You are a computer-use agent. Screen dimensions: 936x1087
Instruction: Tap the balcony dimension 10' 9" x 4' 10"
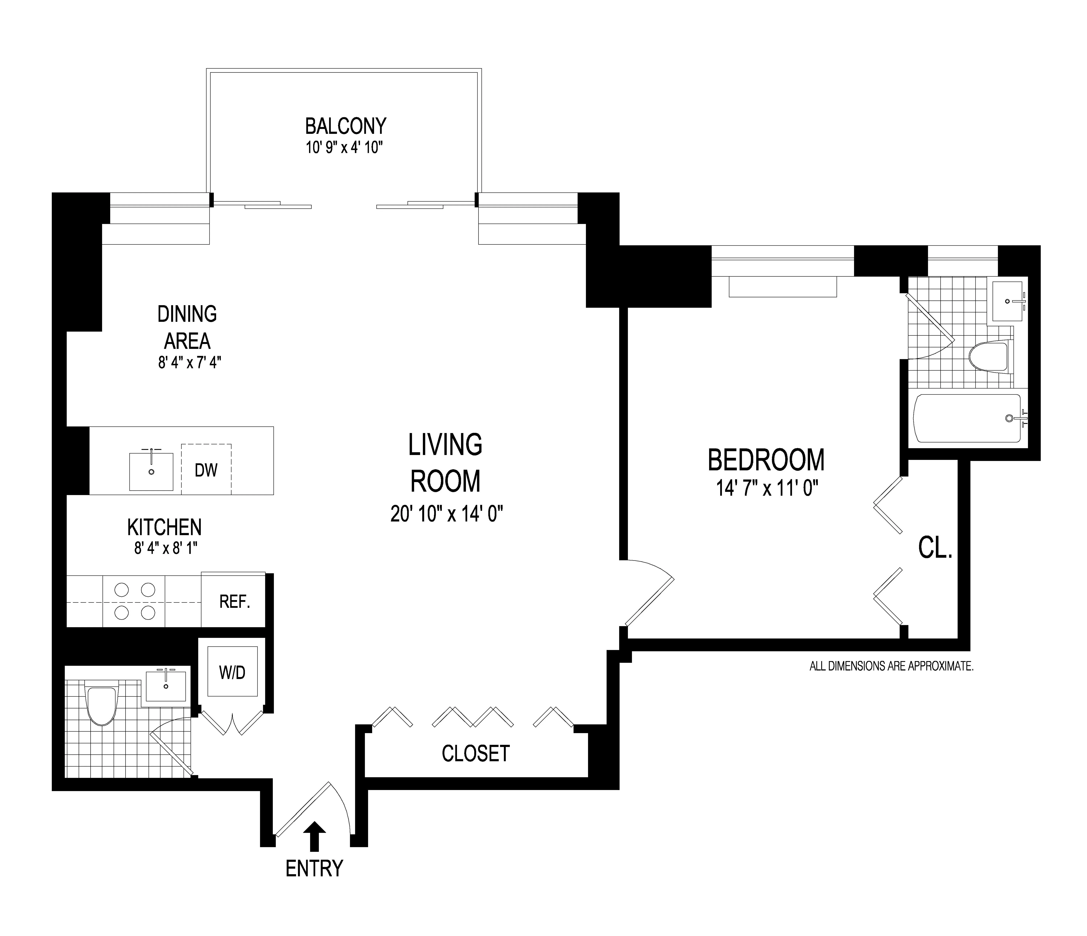345,148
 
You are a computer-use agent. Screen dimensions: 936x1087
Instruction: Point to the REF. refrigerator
234,601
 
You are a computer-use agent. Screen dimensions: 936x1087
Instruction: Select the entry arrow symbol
314,835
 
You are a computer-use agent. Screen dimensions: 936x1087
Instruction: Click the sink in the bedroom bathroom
1007,301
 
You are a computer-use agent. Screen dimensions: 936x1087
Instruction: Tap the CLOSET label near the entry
475,753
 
